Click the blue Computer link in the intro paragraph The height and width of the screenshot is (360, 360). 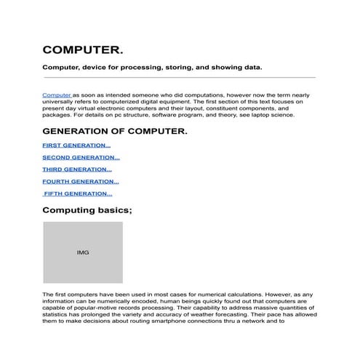(x=57, y=95)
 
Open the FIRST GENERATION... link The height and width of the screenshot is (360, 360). (x=76, y=145)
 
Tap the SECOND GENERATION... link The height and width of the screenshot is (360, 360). (x=81, y=157)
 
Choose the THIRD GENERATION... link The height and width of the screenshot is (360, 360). (x=76, y=169)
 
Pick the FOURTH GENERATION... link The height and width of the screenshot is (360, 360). (x=80, y=181)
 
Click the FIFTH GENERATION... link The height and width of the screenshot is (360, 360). (x=78, y=193)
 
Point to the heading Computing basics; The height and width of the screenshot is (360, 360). (x=87, y=210)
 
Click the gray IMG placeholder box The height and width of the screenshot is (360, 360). (x=82, y=252)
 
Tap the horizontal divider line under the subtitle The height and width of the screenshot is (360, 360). (x=179, y=77)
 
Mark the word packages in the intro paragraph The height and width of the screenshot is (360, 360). (x=57, y=115)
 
